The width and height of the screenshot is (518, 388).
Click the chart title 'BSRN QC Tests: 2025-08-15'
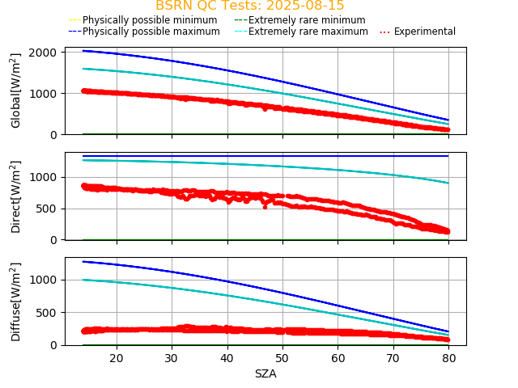[x=249, y=6]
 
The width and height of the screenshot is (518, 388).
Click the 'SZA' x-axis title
[x=265, y=373]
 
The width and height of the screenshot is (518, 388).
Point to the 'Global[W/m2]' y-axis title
[x=16, y=91]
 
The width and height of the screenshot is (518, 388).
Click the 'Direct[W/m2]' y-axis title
[x=16, y=196]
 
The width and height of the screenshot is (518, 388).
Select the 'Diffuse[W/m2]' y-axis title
[x=16, y=302]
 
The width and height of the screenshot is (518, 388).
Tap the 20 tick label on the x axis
[x=117, y=358]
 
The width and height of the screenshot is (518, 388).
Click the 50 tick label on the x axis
[x=282, y=358]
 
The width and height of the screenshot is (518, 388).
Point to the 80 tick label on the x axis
[x=449, y=358]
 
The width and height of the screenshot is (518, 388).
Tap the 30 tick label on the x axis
[x=172, y=358]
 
